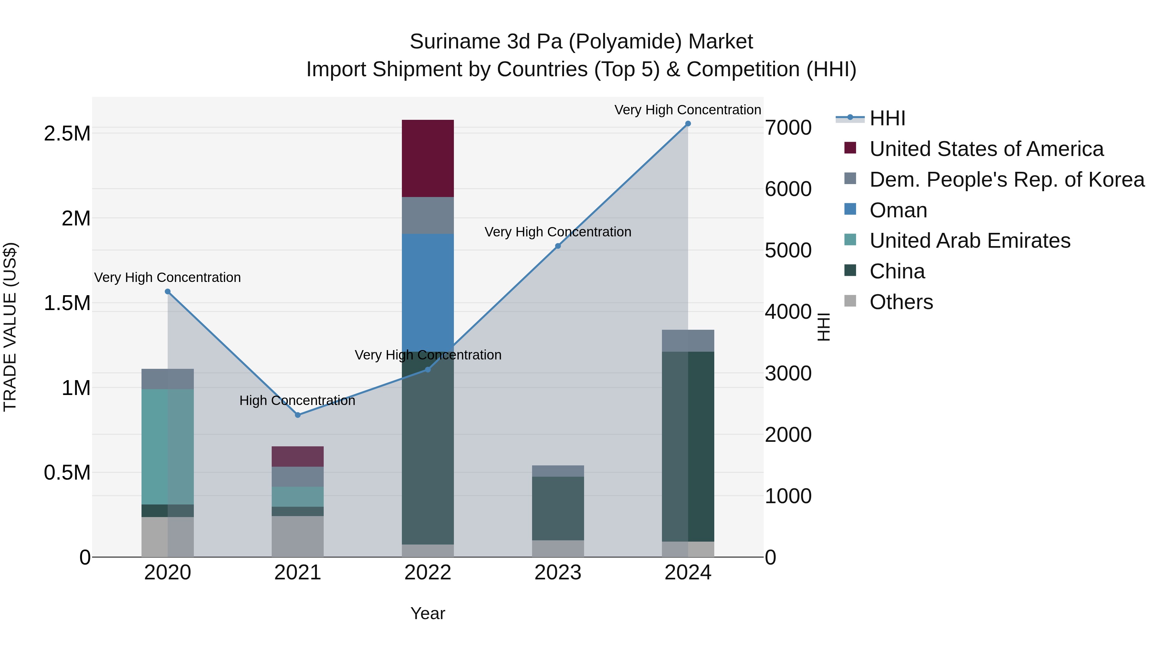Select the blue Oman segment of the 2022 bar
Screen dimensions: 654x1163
coord(427,293)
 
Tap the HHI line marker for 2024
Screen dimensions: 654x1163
coord(687,124)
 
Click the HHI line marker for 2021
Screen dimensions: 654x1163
coord(298,415)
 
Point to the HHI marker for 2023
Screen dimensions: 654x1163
coord(558,246)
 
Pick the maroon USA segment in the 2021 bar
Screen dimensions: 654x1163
coord(298,456)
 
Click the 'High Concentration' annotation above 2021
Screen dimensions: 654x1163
coord(297,400)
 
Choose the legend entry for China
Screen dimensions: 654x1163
coord(896,271)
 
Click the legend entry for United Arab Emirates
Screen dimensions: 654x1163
coord(969,241)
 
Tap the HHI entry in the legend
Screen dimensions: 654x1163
coord(887,118)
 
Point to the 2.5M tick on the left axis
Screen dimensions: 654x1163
coord(67,134)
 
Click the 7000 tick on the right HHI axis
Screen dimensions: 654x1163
coord(788,128)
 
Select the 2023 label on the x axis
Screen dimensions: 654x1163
coord(558,573)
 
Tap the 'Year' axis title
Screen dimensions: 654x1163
coord(427,613)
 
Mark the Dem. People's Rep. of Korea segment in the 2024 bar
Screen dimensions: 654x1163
coord(687,341)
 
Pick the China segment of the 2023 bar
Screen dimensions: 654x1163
coord(558,508)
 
